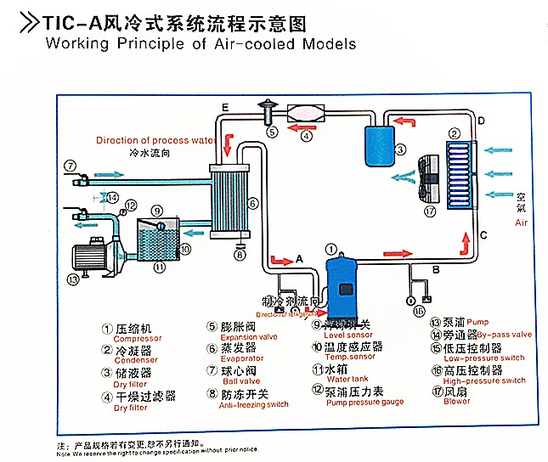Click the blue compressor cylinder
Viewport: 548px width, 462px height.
(x=342, y=279)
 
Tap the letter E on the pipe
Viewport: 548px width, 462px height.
(x=224, y=106)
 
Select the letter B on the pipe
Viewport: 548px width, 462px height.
(x=436, y=270)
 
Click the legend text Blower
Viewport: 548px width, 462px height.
(x=455, y=401)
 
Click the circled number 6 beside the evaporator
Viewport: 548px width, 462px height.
(x=252, y=204)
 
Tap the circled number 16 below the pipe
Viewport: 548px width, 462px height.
(x=419, y=313)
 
